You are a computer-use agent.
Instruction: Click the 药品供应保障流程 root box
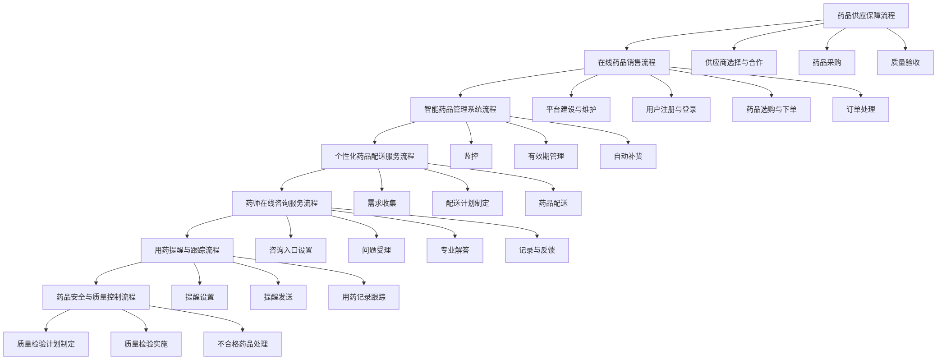866,16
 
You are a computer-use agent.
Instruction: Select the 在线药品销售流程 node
626,63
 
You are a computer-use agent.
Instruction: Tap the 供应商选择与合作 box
734,63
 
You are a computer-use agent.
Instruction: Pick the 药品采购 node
827,63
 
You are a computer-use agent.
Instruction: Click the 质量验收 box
905,63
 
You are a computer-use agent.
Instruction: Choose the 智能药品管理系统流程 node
460,110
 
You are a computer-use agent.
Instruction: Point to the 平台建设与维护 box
571,110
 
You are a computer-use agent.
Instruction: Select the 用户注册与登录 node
671,110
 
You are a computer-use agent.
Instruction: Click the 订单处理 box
860,110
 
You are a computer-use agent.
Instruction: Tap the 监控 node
471,157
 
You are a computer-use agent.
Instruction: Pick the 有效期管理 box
546,157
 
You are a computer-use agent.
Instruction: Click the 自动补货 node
628,157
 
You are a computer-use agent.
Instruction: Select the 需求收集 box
381,203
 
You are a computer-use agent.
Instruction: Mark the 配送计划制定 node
467,203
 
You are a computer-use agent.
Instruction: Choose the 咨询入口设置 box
290,250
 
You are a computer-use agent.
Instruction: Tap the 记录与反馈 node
537,250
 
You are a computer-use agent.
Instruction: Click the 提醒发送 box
278,297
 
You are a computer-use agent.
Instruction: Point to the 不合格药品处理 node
242,344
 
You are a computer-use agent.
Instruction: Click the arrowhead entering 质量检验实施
146,330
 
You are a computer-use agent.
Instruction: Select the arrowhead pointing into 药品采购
827,48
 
